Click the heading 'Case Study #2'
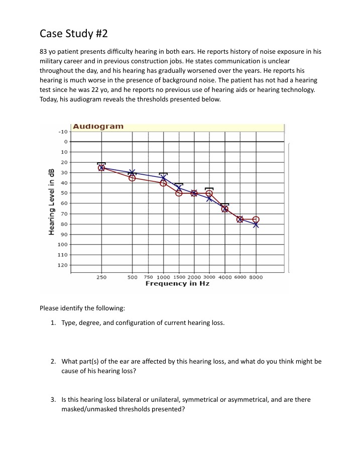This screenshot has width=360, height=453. [x=73, y=34]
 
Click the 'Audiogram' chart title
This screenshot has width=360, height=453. [x=98, y=127]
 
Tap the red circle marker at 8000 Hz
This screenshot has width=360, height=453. [x=256, y=219]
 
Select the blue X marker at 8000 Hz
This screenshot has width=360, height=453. [x=256, y=224]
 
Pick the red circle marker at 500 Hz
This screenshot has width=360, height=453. [x=132, y=178]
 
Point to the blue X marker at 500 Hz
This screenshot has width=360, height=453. [x=132, y=173]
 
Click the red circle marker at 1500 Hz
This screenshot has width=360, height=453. [x=179, y=193]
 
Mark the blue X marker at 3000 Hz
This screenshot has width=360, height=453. [x=209, y=198]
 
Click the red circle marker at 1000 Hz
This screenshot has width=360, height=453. [x=163, y=183]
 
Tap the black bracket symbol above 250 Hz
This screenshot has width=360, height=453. [x=101, y=163]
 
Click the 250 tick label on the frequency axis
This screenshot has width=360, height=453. [x=101, y=277]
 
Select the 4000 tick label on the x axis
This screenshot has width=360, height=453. [x=225, y=277]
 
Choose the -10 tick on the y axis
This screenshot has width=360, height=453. [x=62, y=131]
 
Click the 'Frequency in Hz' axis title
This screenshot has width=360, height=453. [x=177, y=284]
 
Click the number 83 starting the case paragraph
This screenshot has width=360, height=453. [x=44, y=52]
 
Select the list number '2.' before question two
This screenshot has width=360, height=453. [x=54, y=361]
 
